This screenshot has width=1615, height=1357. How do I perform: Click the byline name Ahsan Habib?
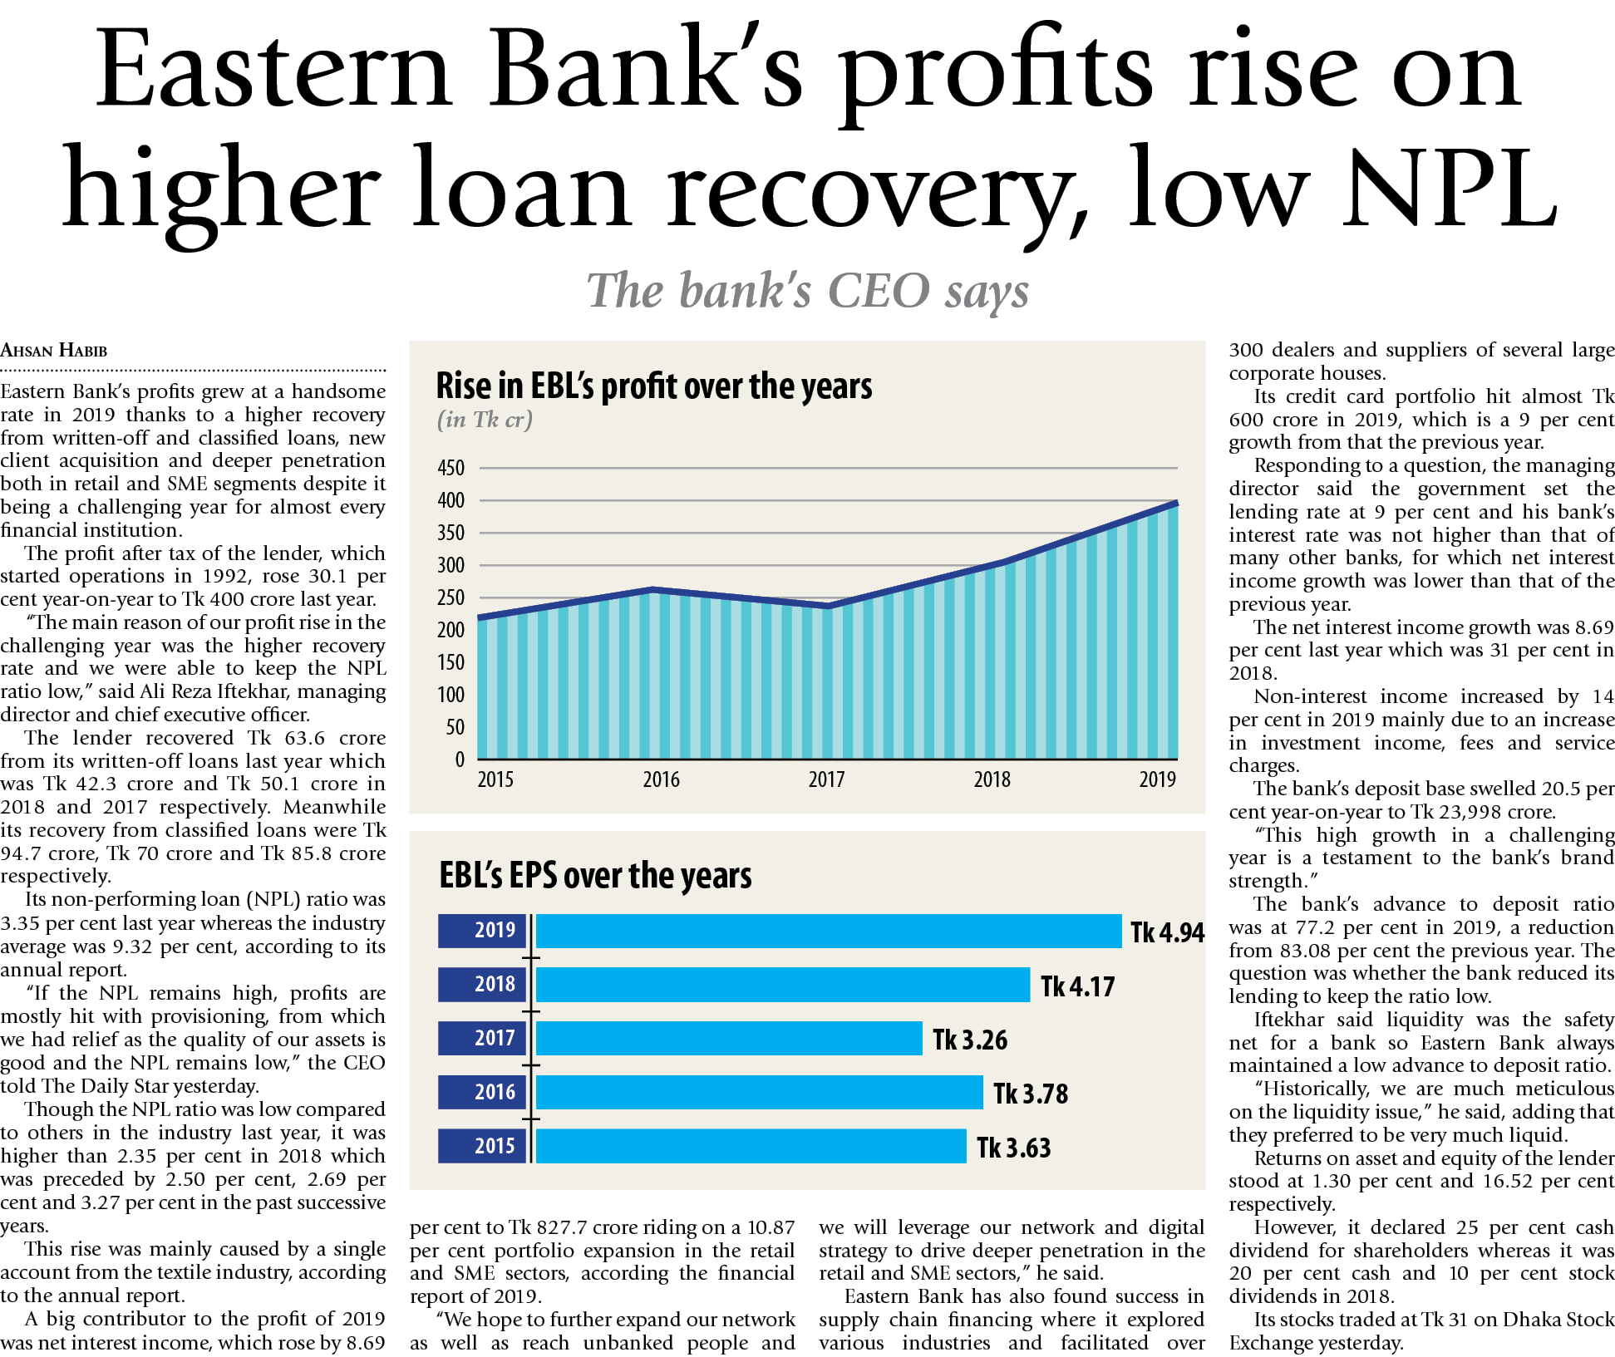pyautogui.click(x=54, y=351)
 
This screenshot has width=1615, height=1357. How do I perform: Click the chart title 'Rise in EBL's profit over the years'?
pyautogui.click(x=654, y=386)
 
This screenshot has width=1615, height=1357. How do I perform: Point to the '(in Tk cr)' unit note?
pyautogui.click(x=485, y=420)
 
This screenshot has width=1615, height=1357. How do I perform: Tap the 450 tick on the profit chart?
pyautogui.click(x=451, y=468)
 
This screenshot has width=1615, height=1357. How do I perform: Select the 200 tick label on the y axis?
pyautogui.click(x=451, y=630)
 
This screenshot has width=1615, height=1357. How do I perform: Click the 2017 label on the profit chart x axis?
pyautogui.click(x=826, y=779)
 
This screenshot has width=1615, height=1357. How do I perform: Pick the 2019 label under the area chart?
pyautogui.click(x=1157, y=779)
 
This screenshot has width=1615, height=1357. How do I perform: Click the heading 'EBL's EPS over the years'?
pyautogui.click(x=595, y=876)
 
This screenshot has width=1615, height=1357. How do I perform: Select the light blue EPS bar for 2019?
pyautogui.click(x=828, y=931)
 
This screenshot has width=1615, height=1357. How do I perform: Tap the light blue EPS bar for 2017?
pyautogui.click(x=729, y=1039)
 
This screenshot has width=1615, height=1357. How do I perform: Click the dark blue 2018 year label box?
pyautogui.click(x=483, y=985)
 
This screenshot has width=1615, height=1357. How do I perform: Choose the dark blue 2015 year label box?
pyautogui.click(x=483, y=1146)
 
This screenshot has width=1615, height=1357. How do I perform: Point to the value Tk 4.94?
pyautogui.click(x=1167, y=932)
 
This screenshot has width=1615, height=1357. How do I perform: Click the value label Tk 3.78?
pyautogui.click(x=1031, y=1094)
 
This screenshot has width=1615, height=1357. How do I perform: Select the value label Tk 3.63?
pyautogui.click(x=1014, y=1148)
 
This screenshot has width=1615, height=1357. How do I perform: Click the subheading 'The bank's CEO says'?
pyautogui.click(x=807, y=291)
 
